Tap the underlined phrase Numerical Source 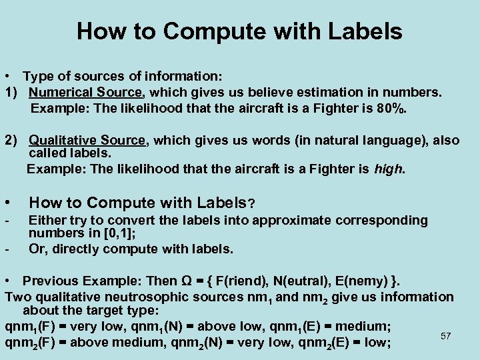[85, 91]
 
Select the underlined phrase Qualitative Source [87, 140]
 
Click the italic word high [388, 169]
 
